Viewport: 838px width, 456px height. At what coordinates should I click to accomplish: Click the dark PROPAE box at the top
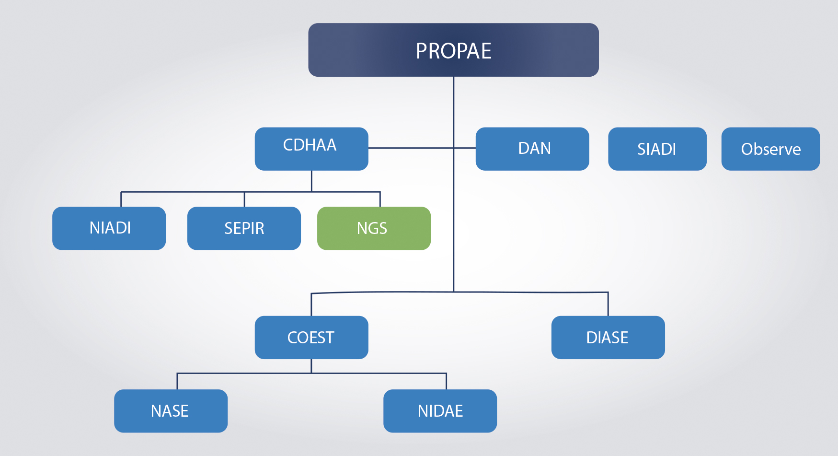453,50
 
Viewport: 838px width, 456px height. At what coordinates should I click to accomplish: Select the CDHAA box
311,149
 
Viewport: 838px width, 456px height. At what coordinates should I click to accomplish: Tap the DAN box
532,149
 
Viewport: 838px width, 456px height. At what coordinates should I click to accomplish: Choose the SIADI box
657,149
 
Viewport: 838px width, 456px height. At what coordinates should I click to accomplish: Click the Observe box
770,149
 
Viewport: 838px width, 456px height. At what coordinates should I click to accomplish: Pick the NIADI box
109,228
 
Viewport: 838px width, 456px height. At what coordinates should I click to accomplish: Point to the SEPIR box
244,228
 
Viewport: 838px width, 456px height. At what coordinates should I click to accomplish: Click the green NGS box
374,228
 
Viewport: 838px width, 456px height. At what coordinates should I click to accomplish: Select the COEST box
311,338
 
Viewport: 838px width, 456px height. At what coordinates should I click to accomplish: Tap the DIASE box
608,338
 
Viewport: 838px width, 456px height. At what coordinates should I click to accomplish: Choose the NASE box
171,411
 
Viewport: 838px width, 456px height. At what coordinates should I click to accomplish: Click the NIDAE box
440,411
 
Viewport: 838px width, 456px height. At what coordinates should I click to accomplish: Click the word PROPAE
453,51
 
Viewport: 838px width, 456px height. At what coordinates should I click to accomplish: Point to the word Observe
771,149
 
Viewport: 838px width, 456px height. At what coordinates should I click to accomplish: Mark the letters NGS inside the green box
372,228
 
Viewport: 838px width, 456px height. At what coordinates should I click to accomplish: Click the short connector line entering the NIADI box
121,199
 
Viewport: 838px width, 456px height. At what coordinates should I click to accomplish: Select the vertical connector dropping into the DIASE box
608,304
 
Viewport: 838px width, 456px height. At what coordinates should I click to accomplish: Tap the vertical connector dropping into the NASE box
177,381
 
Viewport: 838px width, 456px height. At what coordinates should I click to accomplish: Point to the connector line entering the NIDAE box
447,381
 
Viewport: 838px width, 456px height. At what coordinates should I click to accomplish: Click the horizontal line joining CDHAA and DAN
422,148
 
